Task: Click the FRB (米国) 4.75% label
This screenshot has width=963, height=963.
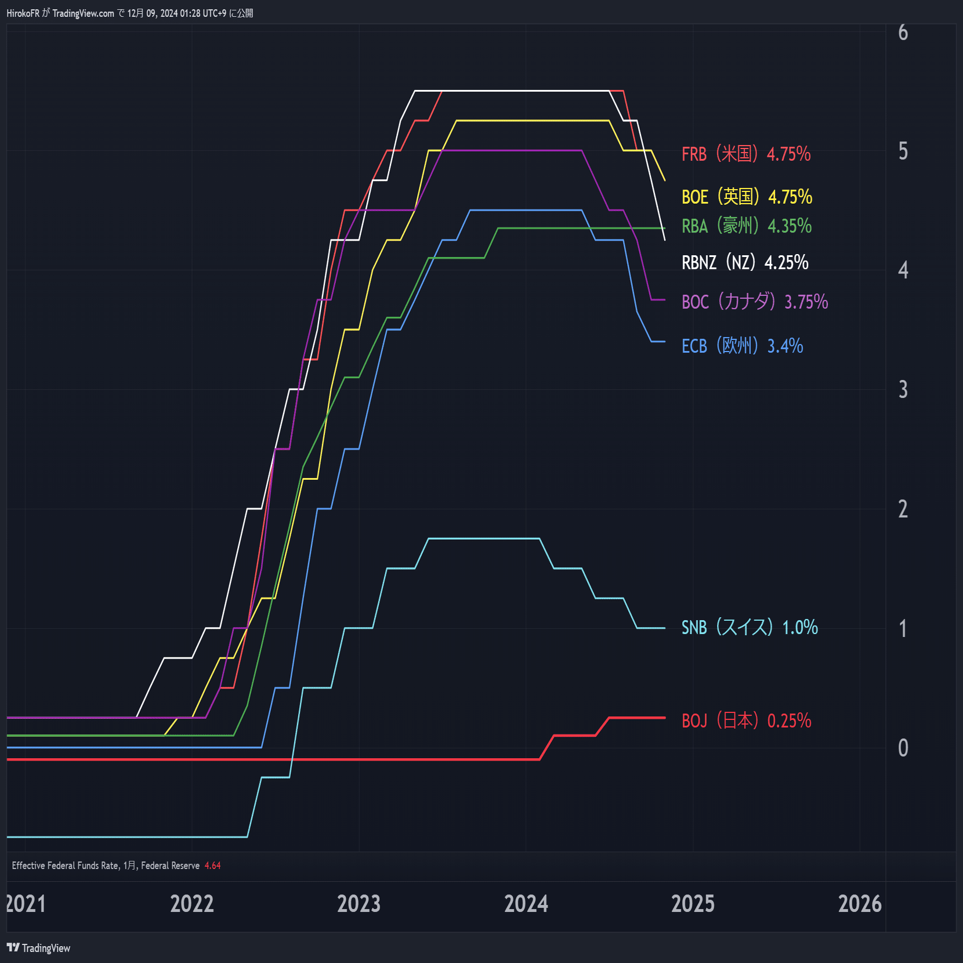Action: (x=746, y=154)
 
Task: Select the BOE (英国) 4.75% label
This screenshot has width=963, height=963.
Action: (x=747, y=197)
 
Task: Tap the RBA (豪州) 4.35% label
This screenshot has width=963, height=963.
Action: (x=747, y=226)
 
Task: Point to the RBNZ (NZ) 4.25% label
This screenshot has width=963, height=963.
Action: (x=745, y=262)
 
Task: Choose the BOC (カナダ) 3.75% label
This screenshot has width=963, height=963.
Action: (x=755, y=302)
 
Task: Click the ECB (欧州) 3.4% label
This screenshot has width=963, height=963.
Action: (x=742, y=346)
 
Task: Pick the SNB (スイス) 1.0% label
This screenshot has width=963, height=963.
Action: (x=750, y=627)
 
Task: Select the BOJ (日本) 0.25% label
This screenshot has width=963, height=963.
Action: (x=746, y=721)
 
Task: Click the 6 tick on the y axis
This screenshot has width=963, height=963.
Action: (x=903, y=32)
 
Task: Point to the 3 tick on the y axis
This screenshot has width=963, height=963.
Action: (x=903, y=389)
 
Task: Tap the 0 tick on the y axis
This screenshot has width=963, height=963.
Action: (x=903, y=748)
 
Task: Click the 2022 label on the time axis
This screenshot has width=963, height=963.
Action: (x=192, y=904)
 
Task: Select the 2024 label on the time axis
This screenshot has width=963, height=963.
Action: (x=526, y=904)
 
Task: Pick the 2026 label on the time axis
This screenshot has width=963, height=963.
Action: (x=860, y=904)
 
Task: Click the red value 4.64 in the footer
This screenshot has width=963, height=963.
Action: (x=212, y=866)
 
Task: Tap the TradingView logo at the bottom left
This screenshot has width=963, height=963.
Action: (x=38, y=948)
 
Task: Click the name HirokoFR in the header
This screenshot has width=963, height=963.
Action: (x=23, y=13)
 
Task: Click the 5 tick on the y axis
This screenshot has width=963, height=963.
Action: (x=903, y=151)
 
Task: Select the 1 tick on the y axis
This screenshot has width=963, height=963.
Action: (x=903, y=628)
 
